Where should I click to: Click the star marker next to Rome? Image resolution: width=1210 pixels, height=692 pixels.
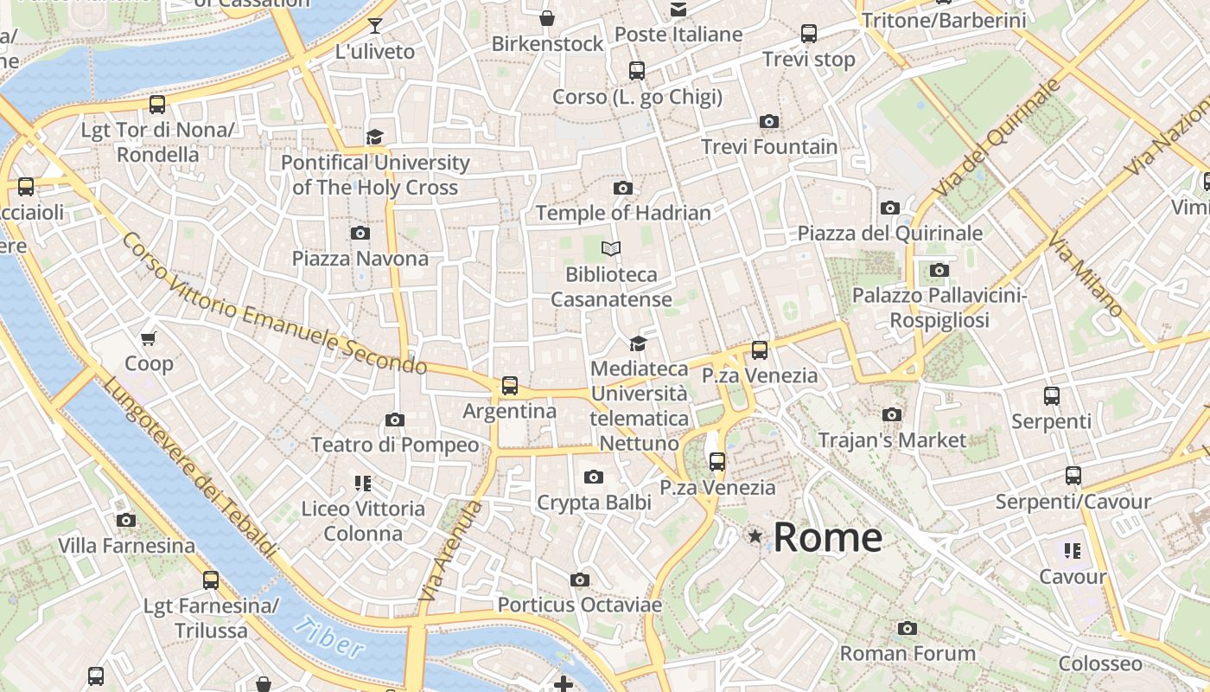click(x=755, y=537)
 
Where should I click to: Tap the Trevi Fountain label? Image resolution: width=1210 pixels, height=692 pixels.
click(x=769, y=147)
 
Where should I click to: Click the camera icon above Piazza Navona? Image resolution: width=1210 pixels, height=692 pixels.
click(x=360, y=233)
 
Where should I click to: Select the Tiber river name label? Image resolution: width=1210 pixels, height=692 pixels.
click(x=328, y=638)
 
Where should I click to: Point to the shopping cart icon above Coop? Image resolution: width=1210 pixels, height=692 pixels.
click(x=149, y=338)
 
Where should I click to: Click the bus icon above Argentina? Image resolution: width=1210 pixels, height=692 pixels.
click(x=510, y=385)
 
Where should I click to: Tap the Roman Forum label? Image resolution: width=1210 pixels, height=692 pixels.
click(x=907, y=653)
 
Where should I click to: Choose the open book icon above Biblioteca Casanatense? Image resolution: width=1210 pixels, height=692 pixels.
click(x=611, y=249)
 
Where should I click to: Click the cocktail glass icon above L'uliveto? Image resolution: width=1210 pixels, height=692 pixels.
click(x=375, y=25)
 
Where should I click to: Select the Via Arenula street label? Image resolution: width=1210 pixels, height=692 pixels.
click(x=449, y=551)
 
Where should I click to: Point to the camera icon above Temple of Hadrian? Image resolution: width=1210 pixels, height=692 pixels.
click(x=622, y=188)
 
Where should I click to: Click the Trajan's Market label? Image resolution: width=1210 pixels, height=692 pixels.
click(x=892, y=440)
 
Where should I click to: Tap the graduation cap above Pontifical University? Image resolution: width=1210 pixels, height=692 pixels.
click(x=374, y=137)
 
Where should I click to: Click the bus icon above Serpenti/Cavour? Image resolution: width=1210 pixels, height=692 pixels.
click(x=1073, y=476)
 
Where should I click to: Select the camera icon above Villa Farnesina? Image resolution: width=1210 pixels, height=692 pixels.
click(x=126, y=520)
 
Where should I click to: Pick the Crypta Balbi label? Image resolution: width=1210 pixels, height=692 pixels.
click(x=593, y=503)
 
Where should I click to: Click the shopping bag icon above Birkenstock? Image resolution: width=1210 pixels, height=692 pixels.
click(x=547, y=18)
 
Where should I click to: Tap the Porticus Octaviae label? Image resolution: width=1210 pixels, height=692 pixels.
click(x=579, y=605)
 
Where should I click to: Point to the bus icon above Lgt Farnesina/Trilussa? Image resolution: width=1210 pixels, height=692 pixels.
click(x=211, y=580)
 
